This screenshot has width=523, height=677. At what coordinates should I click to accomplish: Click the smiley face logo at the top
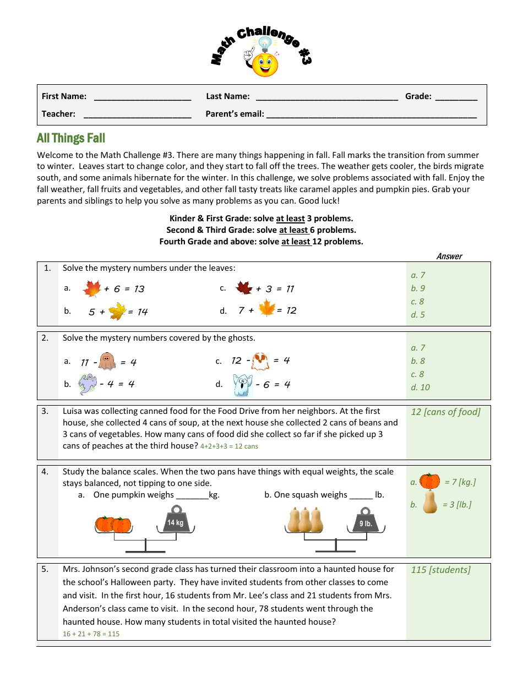click(264, 62)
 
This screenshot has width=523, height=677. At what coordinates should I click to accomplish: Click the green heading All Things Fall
click(71, 138)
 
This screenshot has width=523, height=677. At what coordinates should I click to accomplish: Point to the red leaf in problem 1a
click(91, 288)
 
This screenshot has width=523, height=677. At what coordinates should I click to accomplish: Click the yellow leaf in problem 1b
click(117, 312)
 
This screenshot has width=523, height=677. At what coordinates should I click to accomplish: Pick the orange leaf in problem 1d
click(266, 308)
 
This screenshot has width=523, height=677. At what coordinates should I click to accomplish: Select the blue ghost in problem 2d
click(242, 384)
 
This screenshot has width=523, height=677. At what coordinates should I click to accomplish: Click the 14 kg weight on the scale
click(176, 520)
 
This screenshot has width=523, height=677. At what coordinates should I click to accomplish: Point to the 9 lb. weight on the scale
click(366, 521)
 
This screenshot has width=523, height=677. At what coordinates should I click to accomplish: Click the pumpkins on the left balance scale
click(113, 525)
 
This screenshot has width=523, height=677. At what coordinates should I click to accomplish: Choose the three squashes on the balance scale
click(304, 520)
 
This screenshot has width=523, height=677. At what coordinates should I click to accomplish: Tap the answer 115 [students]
click(440, 570)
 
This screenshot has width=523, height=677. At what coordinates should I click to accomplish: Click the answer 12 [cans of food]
click(445, 412)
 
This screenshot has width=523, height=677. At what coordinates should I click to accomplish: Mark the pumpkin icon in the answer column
click(429, 481)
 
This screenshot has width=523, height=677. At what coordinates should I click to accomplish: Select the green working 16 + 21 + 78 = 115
click(91, 634)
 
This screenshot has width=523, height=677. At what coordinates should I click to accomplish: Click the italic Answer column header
click(449, 256)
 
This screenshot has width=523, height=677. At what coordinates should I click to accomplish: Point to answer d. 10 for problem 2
click(420, 387)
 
